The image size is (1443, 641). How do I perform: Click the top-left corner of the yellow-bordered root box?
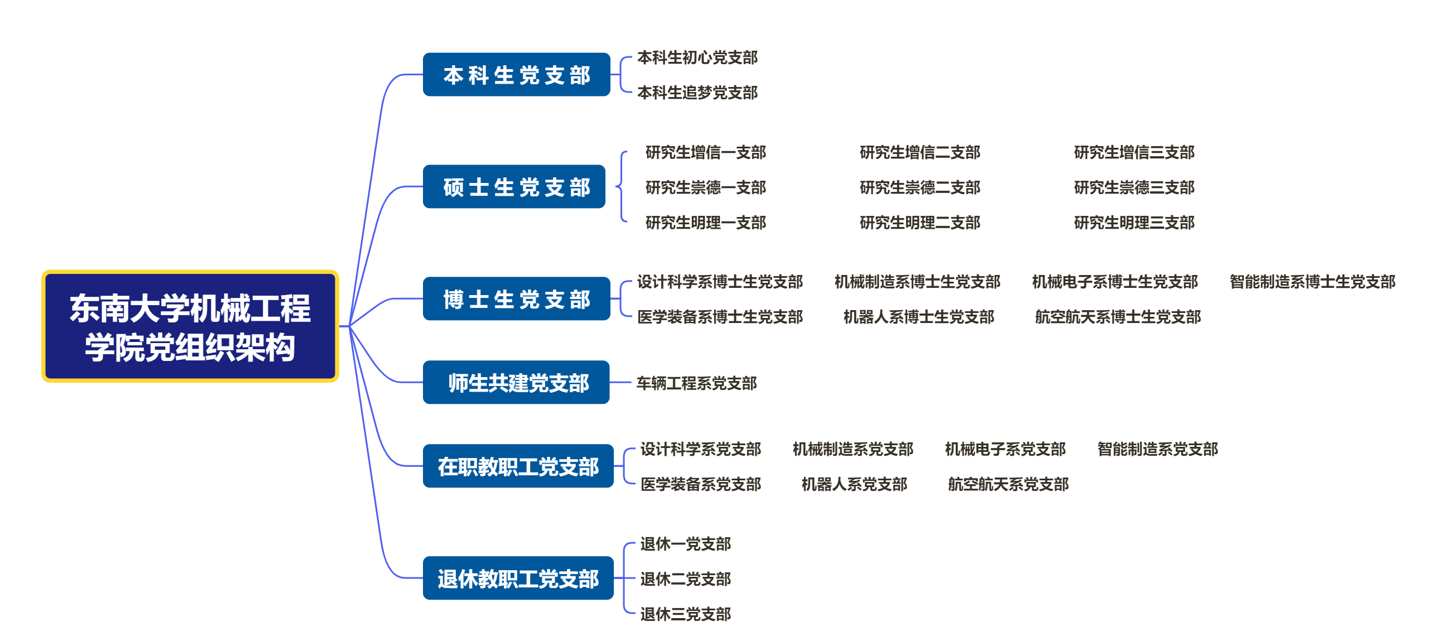[x=42, y=271]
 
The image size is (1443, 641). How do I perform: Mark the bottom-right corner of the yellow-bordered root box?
[x=338, y=382]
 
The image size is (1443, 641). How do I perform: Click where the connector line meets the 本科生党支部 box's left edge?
[x=423, y=74]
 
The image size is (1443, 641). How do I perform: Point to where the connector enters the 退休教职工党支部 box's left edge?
[x=423, y=578]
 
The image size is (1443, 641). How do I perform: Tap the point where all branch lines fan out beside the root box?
[x=349, y=326]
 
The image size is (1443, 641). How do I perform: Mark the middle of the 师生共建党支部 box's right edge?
[x=609, y=382]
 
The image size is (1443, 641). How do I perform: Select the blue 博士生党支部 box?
[x=517, y=298]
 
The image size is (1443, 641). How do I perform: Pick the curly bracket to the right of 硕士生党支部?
[x=621, y=186]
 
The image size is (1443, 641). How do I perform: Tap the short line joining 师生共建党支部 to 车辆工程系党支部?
[x=620, y=382]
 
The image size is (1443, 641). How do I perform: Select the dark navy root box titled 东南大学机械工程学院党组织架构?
[x=190, y=326]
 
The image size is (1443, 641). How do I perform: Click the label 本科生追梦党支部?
[x=698, y=93]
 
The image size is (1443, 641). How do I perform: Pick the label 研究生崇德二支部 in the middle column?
[x=920, y=187]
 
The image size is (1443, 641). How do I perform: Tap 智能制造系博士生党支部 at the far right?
[x=1312, y=282]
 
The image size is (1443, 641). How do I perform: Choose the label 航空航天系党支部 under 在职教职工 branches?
[x=1008, y=484]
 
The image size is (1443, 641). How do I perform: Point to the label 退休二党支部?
[x=686, y=579]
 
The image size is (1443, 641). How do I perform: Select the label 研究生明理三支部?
[x=1134, y=222]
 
